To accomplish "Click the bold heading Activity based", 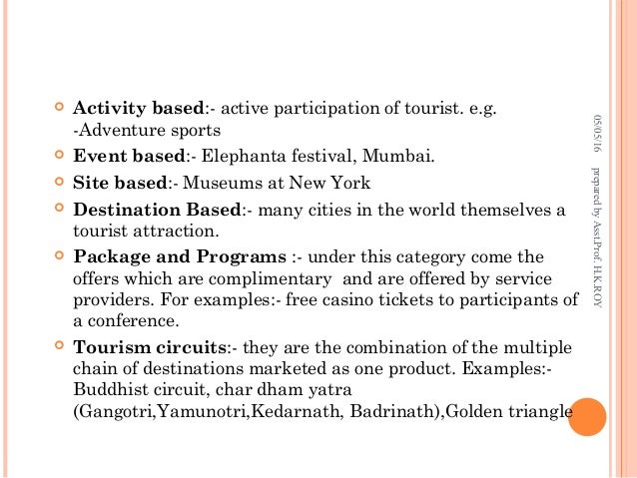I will coord(139,108).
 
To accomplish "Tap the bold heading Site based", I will coord(118,183).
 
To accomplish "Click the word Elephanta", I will coord(241,157).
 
